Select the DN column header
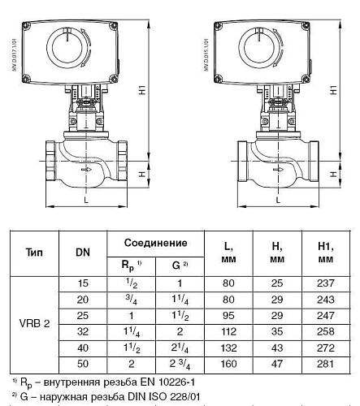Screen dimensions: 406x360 (83, 252)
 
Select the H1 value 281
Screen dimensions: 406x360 (325, 363)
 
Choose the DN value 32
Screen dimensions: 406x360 (83, 332)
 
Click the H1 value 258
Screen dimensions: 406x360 (325, 332)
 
